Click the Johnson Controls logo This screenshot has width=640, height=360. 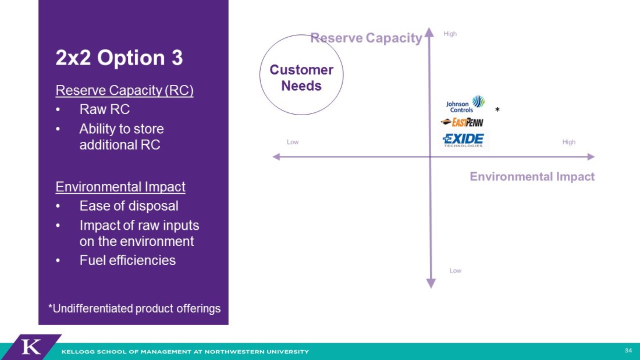pos(465,105)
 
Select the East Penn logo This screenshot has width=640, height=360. pos(462,122)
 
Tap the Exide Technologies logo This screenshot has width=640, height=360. pos(463,140)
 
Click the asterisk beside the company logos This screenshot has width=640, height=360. pos(497,109)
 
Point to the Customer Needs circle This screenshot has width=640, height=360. pos(301,35)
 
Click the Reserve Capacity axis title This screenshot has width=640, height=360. pos(366,38)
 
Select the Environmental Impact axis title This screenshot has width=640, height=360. pos(532,176)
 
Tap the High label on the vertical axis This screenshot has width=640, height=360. pos(450,34)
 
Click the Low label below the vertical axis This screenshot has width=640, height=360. pos(455,270)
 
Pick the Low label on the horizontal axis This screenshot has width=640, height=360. pos(293,142)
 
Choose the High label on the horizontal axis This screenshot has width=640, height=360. pos(568,142)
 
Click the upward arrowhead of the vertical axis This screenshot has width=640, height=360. pos(429,32)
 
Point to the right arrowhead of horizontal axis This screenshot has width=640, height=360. pos(591,156)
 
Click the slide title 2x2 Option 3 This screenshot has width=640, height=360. pos(119,58)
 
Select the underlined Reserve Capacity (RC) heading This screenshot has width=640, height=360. pos(125,90)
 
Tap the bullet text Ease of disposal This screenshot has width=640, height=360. pos(129,206)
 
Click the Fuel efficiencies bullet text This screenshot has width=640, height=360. pos(128,260)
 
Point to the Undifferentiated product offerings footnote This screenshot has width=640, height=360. pos(134,308)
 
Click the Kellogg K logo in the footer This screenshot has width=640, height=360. pos(31,347)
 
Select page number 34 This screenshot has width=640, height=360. pos(628,351)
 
